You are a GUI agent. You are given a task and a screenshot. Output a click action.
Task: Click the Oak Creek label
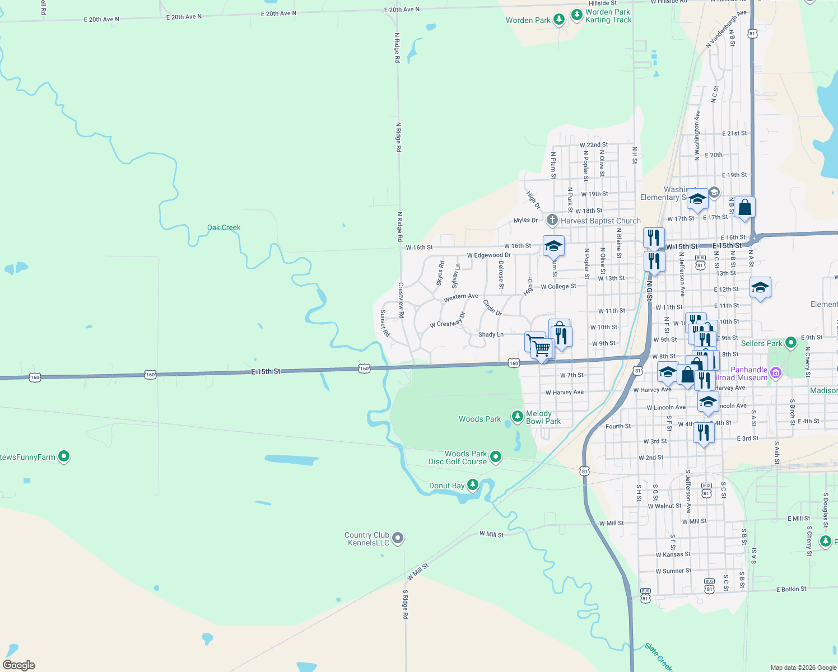(x=224, y=227)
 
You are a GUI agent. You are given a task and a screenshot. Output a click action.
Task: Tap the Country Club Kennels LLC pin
(x=398, y=538)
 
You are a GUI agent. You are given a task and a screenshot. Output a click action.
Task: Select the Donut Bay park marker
(x=473, y=484)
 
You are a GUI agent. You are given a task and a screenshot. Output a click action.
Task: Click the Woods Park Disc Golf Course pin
(x=495, y=457)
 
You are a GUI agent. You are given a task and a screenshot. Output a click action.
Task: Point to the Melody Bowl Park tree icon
(x=517, y=416)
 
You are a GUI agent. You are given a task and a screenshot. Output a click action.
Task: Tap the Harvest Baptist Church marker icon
(x=552, y=220)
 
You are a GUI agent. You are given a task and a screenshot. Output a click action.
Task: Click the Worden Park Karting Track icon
(x=576, y=15)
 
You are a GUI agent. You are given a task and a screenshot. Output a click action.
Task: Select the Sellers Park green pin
(x=790, y=342)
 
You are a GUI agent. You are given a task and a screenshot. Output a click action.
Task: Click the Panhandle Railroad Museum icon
(x=776, y=372)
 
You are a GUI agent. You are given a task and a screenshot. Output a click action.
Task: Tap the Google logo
(x=19, y=665)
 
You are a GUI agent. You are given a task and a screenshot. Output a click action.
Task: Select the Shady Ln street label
(x=491, y=334)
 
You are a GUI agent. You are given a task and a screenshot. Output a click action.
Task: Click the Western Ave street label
(x=460, y=297)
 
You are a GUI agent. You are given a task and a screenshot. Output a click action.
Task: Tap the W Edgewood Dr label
(x=488, y=255)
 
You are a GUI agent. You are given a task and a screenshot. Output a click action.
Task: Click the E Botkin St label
(x=791, y=589)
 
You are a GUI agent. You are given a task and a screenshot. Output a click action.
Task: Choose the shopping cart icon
(x=542, y=348)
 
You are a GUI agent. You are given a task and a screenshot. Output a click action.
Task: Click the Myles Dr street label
(x=525, y=220)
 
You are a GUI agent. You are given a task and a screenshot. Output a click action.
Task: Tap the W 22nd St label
(x=593, y=144)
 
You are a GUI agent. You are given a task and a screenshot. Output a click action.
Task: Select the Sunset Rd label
(x=385, y=323)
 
